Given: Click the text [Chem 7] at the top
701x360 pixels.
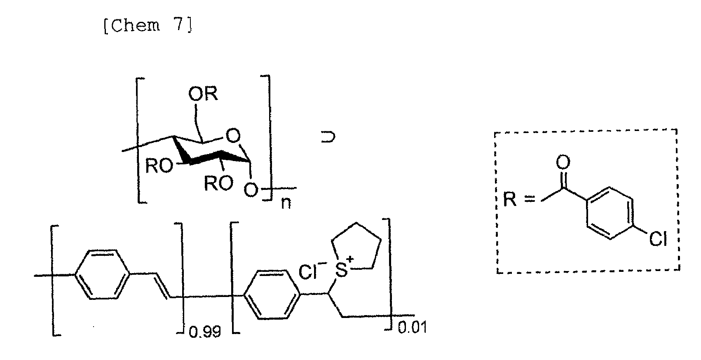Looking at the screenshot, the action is [x=148, y=26].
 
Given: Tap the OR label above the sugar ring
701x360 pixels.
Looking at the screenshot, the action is [x=203, y=94].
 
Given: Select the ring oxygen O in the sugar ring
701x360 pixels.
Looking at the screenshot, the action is [x=233, y=136].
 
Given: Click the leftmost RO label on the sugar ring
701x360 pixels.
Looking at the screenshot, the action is [x=159, y=166].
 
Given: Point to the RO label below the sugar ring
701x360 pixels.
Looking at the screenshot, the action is [x=218, y=183].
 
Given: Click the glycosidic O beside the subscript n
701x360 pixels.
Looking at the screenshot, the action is [x=251, y=189].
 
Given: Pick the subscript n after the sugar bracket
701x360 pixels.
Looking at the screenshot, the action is [x=286, y=203].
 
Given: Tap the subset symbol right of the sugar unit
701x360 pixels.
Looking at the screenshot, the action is [x=328, y=137].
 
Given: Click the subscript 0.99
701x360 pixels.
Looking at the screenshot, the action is [x=205, y=331].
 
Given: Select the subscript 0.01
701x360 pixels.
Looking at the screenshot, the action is [x=412, y=328].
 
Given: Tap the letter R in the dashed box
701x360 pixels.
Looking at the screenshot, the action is [x=510, y=199].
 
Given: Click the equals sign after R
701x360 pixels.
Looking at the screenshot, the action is [x=530, y=199].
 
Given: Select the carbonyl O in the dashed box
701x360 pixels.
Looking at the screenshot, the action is [x=563, y=162].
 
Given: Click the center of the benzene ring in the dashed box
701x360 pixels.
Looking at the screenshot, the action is [x=610, y=213].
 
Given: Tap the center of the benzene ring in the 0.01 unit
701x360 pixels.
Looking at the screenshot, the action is [x=272, y=295].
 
